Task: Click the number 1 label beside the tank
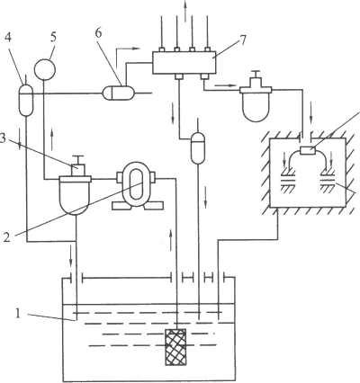pyautogui.click(x=19, y=314)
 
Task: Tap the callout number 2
pyautogui.click(x=7, y=236)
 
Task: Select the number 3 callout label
pyautogui.click(x=3, y=138)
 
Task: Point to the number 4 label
pyautogui.click(x=9, y=39)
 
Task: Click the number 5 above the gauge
pyautogui.click(x=53, y=38)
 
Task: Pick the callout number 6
pyautogui.click(x=99, y=33)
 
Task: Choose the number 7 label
pyautogui.click(x=242, y=40)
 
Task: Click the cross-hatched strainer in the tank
pyautogui.click(x=175, y=347)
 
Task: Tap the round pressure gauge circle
pyautogui.click(x=45, y=69)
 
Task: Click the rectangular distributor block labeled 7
pyautogui.click(x=184, y=62)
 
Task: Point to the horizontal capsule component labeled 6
pyautogui.click(x=119, y=93)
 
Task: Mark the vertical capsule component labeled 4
pyautogui.click(x=26, y=100)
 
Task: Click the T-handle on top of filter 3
pyautogui.click(x=77, y=160)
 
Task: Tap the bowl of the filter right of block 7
pyautogui.click(x=256, y=107)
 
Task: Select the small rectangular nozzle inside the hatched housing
pyautogui.click(x=308, y=151)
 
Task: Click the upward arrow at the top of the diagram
pyautogui.click(x=184, y=11)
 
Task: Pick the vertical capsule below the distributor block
pyautogui.click(x=198, y=148)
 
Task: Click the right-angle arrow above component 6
pyautogui.click(x=127, y=57)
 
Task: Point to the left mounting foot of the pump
pyautogui.click(x=122, y=205)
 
